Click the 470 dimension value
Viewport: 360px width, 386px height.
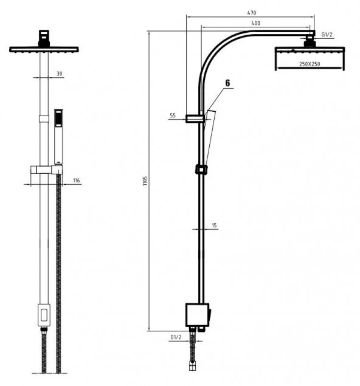(x=251, y=13)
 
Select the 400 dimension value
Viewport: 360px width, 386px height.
(x=255, y=23)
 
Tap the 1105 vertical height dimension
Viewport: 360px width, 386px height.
(x=145, y=181)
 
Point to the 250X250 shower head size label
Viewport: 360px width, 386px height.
(x=310, y=64)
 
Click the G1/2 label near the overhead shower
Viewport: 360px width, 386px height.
(x=327, y=35)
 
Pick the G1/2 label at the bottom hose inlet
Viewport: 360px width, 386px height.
(x=176, y=337)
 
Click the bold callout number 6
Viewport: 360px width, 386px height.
(x=227, y=83)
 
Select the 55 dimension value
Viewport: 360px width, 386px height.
(x=173, y=115)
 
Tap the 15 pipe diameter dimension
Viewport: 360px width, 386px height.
(x=214, y=226)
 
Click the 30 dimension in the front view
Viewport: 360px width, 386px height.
(x=60, y=74)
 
